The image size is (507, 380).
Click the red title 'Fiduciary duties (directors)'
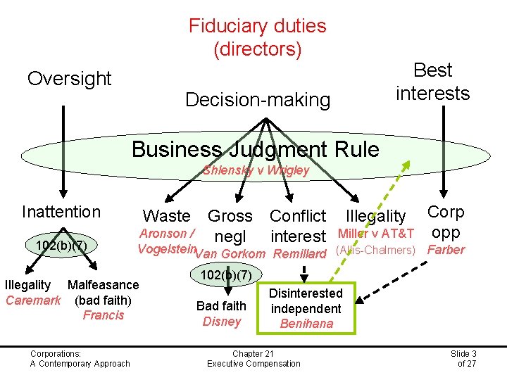pos(257,38)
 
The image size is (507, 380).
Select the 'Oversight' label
pos(69,79)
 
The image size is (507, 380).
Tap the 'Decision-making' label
pos(257,100)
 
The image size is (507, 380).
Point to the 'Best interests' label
pos(432,82)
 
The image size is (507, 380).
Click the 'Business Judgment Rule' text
pos(255,149)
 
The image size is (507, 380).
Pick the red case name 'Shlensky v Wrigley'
pos(256,170)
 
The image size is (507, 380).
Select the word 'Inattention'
pos(61,212)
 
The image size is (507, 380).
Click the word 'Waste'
pos(166,216)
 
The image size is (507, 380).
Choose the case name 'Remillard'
pos(300,254)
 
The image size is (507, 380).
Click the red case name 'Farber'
pos(446,250)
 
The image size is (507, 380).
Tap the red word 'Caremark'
pos(32,300)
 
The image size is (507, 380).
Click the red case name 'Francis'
pos(103,315)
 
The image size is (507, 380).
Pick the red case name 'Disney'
pos(221,322)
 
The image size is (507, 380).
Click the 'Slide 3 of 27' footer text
pos(463,358)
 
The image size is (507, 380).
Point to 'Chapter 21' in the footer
pos(253,353)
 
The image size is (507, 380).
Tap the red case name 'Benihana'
pos(306,324)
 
